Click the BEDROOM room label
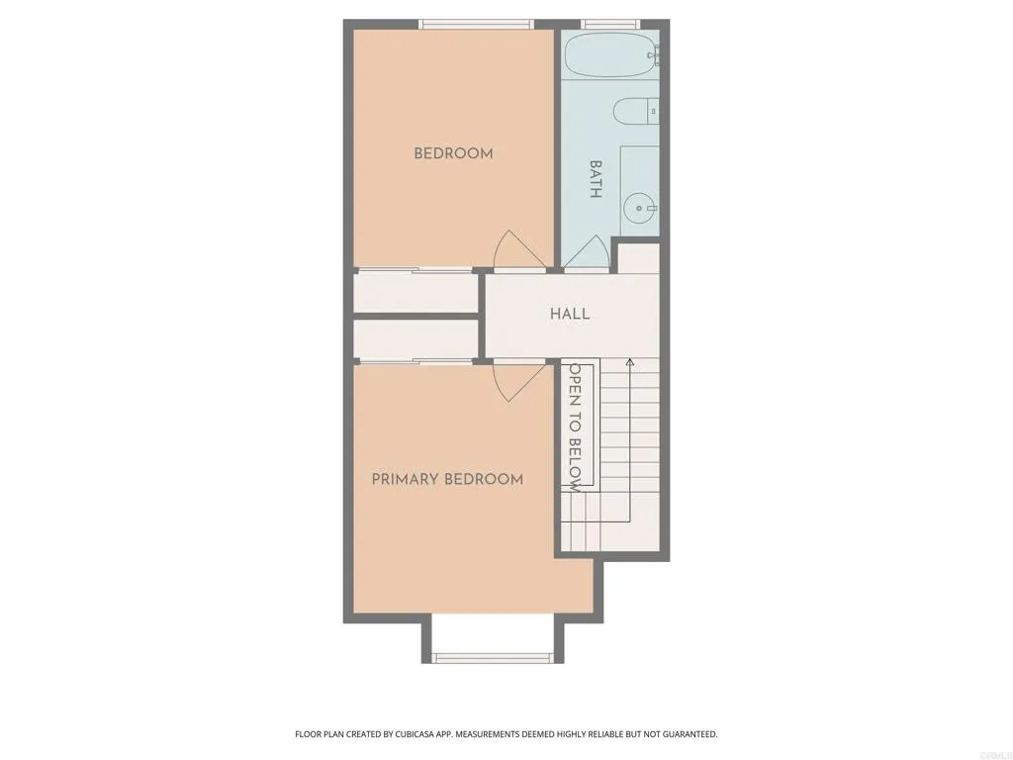pos(453,153)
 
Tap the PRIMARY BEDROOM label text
pos(447,479)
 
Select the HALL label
pos(570,314)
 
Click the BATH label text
pos(596,179)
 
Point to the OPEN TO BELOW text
pos(574,427)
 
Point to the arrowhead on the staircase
pos(630,363)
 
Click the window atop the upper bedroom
pos(476,24)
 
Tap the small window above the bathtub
pos(610,24)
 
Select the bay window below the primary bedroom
pos(492,657)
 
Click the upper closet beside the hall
pos(415,293)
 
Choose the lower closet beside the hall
pos(415,339)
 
